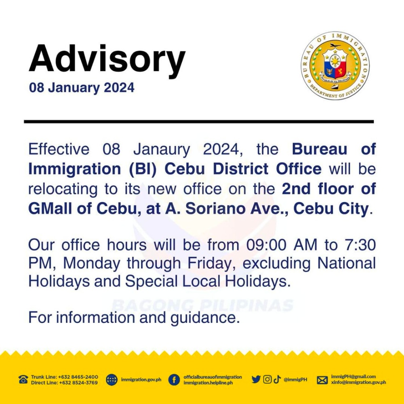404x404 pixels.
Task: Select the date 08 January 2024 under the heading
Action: [82, 88]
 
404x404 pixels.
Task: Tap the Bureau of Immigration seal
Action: [335, 66]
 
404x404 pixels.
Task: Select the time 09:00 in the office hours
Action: [266, 244]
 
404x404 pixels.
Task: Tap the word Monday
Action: [92, 263]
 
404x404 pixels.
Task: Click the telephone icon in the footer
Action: [23, 379]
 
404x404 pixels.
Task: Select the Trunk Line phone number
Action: [78, 377]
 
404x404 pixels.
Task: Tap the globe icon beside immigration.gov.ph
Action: [112, 380]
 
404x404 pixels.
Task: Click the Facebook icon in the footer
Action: [174, 380]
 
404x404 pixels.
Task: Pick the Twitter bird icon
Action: [256, 379]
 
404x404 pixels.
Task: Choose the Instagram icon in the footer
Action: [267, 379]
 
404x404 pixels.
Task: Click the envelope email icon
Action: [322, 380]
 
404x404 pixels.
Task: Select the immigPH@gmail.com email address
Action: [353, 377]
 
